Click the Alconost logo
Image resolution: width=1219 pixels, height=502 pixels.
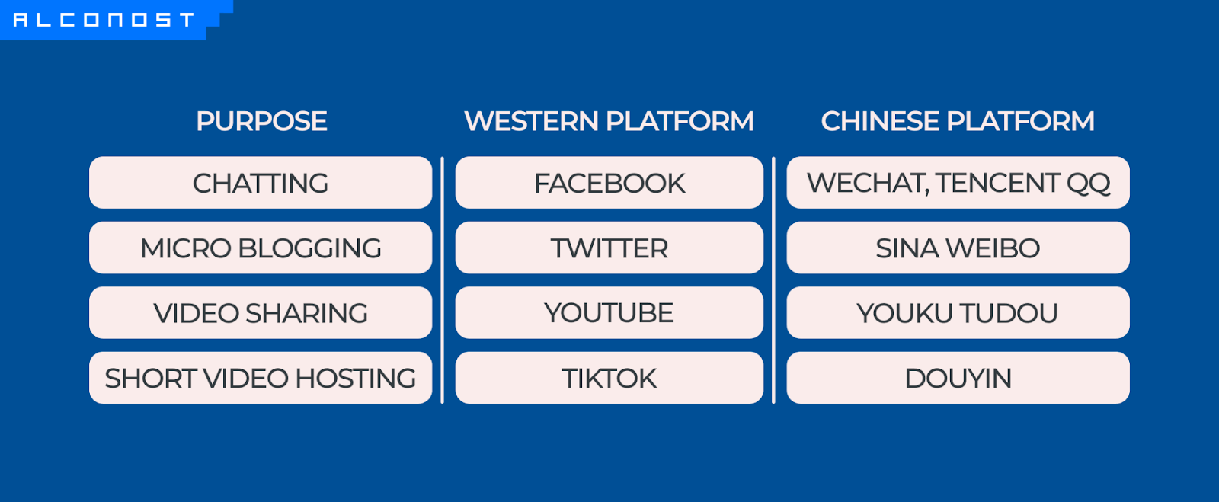coord(104,20)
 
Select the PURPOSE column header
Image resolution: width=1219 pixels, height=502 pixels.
coord(261,121)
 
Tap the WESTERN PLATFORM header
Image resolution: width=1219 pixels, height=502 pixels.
coord(609,121)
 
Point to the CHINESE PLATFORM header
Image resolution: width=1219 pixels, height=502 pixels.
coord(958,121)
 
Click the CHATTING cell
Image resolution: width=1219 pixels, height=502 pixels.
coord(261,183)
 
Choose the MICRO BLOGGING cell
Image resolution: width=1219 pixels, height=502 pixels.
coord(261,248)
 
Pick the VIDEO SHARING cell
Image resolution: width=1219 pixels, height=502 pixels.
coord(261,313)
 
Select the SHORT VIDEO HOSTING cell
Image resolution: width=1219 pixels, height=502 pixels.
coord(261,377)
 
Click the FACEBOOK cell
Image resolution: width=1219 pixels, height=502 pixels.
coord(609,183)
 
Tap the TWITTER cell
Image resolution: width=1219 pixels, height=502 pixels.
coord(609,248)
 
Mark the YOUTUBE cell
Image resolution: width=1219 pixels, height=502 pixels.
coord(609,313)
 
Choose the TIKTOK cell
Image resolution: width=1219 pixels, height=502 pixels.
coord(609,377)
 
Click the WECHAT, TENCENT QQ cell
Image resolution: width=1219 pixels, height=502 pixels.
coord(958,183)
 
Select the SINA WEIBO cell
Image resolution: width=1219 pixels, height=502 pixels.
coord(958,248)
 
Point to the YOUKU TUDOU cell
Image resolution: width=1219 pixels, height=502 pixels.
coord(958,313)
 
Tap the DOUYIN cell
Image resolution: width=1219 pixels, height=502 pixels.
coord(958,377)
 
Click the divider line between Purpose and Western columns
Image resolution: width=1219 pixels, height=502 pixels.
coord(443,280)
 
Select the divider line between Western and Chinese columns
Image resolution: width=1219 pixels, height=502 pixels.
coord(773,280)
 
